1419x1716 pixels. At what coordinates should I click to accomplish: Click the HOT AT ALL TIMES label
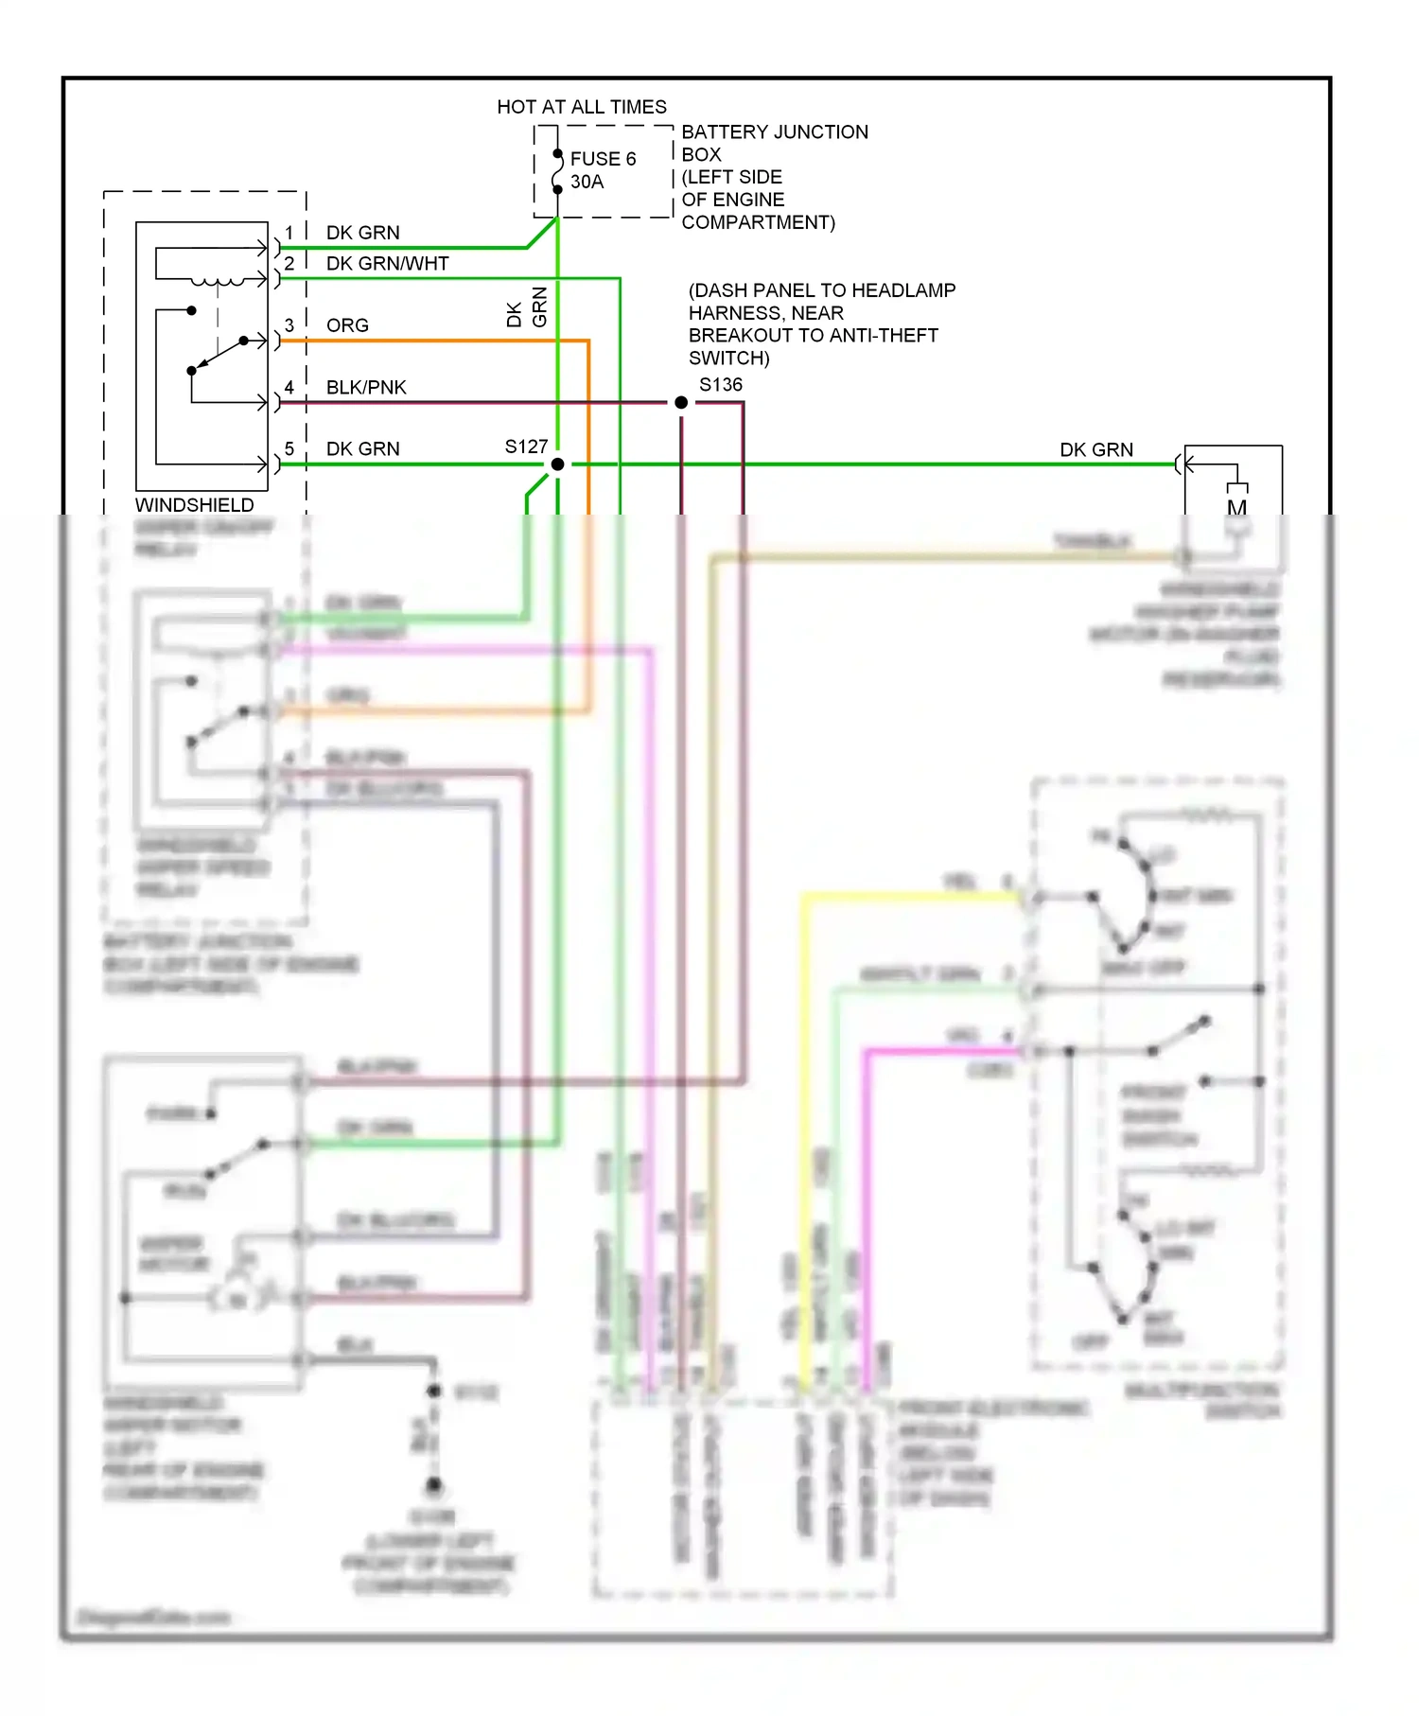tap(582, 107)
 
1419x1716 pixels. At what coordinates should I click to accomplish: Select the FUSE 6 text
tap(603, 159)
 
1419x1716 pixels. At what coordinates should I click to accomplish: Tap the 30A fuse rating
tap(587, 182)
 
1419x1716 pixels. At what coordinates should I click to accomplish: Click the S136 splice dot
tap(681, 403)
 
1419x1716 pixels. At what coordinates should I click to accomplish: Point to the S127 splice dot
tap(557, 464)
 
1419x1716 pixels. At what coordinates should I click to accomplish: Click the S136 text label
tap(720, 385)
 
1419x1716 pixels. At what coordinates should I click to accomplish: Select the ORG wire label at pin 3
tap(347, 325)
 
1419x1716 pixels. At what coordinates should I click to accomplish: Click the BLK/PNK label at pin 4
tap(366, 388)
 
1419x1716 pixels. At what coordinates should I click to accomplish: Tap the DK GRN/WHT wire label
tap(387, 264)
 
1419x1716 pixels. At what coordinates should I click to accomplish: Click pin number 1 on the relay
tap(289, 233)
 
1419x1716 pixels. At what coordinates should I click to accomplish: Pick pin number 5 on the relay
tap(289, 448)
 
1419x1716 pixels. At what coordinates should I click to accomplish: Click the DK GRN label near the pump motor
tap(1096, 450)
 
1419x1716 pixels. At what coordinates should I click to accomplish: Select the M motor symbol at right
tap(1236, 508)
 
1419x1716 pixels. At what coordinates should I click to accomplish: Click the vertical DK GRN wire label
tap(527, 308)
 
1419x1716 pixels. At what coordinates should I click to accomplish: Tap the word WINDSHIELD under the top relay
tap(194, 505)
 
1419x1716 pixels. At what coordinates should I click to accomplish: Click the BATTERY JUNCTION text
tap(775, 132)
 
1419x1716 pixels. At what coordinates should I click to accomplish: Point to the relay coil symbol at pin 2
tap(217, 281)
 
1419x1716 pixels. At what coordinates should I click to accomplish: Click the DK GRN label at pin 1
tap(362, 233)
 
